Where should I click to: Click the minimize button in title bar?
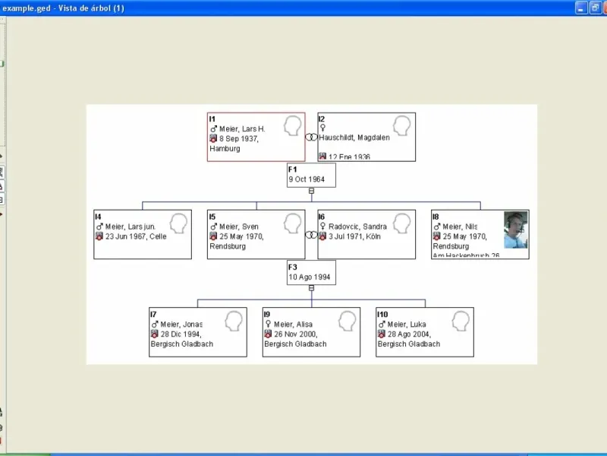580,8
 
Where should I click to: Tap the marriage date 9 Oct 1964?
307,180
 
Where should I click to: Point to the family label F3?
293,267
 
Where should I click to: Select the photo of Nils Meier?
516,230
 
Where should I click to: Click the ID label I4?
98,217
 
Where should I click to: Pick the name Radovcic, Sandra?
357,226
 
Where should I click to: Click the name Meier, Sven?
239,226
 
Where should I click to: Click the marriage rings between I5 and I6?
311,235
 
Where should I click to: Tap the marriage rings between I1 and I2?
311,138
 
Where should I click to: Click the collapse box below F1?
311,191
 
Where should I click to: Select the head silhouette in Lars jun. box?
179,223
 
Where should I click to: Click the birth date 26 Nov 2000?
295,334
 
